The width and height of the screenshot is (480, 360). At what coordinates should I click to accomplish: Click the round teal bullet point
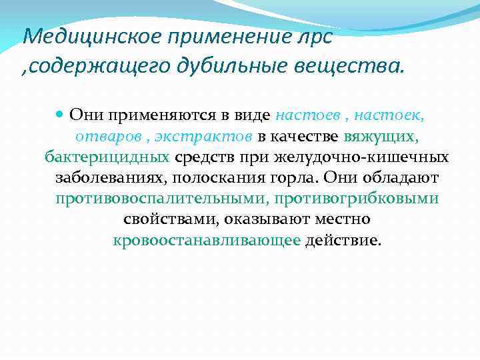click(60, 115)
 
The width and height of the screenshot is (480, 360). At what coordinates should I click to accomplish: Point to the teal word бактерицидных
click(107, 157)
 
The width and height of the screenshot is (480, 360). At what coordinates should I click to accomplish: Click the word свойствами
click(170, 219)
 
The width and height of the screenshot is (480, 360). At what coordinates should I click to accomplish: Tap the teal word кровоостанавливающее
click(207, 240)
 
